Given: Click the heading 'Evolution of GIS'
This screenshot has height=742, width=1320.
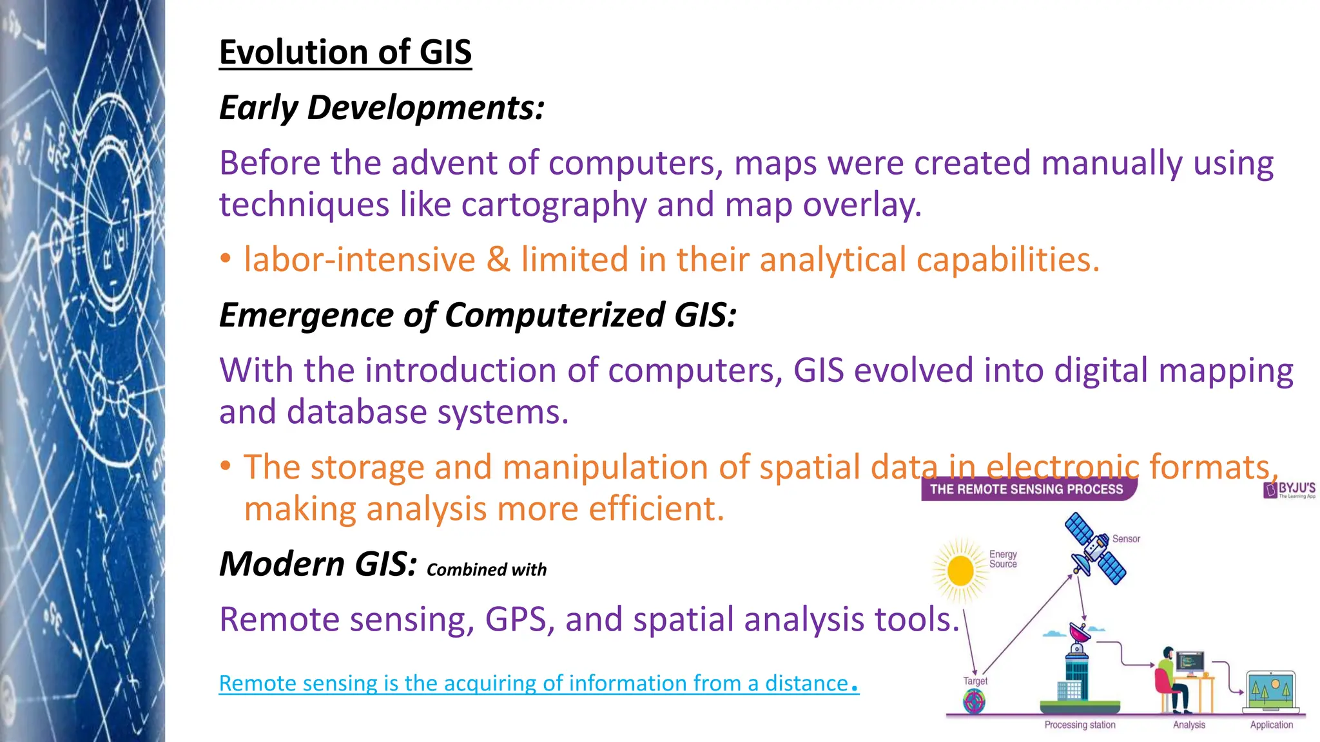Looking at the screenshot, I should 345,52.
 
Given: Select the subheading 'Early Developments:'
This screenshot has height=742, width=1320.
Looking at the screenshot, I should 382,108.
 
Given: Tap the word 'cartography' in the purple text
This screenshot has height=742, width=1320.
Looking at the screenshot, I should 554,205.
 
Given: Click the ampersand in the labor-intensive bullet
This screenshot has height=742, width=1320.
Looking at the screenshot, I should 498,260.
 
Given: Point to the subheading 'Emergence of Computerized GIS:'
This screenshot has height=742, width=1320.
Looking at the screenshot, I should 478,315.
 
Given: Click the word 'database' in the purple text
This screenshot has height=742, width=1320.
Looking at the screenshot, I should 356,412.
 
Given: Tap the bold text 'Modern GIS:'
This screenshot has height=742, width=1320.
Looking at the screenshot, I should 318,564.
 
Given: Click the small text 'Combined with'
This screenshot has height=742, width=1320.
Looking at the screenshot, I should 487,570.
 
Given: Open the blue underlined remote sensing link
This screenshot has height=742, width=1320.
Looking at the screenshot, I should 539,683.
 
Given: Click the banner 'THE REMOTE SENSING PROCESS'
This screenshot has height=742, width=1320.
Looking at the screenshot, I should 1026,490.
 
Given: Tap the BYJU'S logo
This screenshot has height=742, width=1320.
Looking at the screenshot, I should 1290,490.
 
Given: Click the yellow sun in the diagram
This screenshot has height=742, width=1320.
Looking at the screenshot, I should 960,571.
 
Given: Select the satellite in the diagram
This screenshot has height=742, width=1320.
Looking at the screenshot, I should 1095,549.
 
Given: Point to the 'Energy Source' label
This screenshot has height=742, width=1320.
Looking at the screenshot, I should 1003,559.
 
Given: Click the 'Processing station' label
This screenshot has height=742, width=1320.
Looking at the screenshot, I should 1080,725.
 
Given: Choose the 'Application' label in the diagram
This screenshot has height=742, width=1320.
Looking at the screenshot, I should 1271,725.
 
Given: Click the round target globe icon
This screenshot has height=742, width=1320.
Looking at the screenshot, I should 974,701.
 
